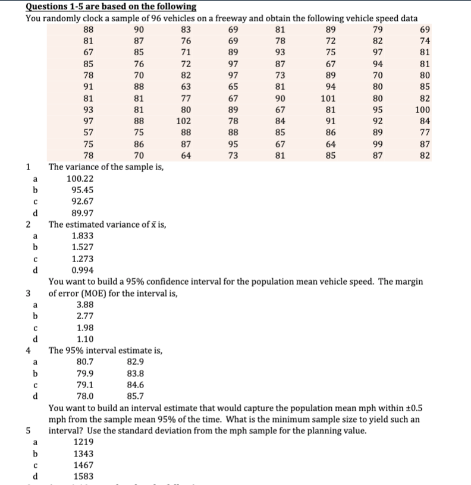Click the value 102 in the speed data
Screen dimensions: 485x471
[x=186, y=121]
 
